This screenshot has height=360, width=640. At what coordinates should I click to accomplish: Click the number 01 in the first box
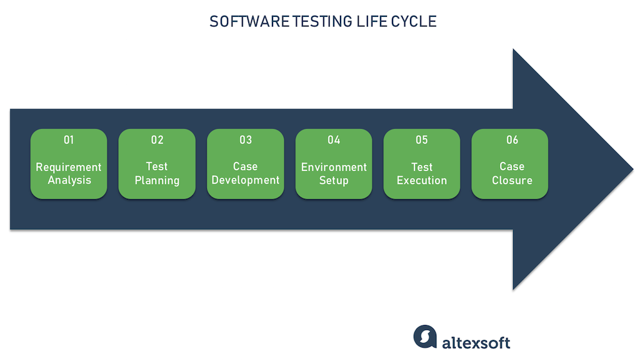(69, 140)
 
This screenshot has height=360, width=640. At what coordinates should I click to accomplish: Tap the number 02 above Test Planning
(157, 140)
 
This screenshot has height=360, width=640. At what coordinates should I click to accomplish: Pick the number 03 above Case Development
(246, 140)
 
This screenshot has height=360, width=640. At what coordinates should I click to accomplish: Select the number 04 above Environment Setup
(334, 140)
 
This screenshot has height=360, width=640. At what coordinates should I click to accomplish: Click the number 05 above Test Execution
(422, 140)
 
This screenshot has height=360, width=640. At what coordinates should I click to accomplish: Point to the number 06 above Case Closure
(512, 140)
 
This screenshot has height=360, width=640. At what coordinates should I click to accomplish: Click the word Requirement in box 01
(69, 167)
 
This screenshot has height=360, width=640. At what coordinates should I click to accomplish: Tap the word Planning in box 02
(157, 181)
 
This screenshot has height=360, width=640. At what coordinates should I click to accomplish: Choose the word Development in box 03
(246, 180)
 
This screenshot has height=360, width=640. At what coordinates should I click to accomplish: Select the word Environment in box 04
(334, 167)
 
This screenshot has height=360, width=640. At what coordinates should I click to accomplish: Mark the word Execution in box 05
(422, 181)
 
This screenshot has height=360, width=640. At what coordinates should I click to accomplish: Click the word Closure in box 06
(512, 181)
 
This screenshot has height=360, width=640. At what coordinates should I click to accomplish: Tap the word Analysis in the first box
(69, 181)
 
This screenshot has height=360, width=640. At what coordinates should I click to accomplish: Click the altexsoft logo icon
(425, 336)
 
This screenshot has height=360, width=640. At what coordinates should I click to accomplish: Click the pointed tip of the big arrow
(631, 169)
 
